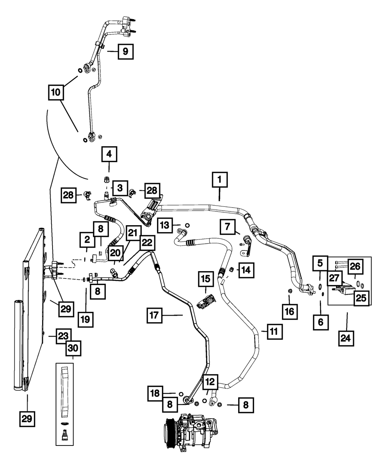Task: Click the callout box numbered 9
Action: [126, 51]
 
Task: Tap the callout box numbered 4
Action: [109, 155]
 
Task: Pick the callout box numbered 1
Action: [219, 180]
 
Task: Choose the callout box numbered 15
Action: [205, 280]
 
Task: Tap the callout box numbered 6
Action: [320, 323]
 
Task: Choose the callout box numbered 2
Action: [87, 240]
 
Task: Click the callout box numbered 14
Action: [245, 270]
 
